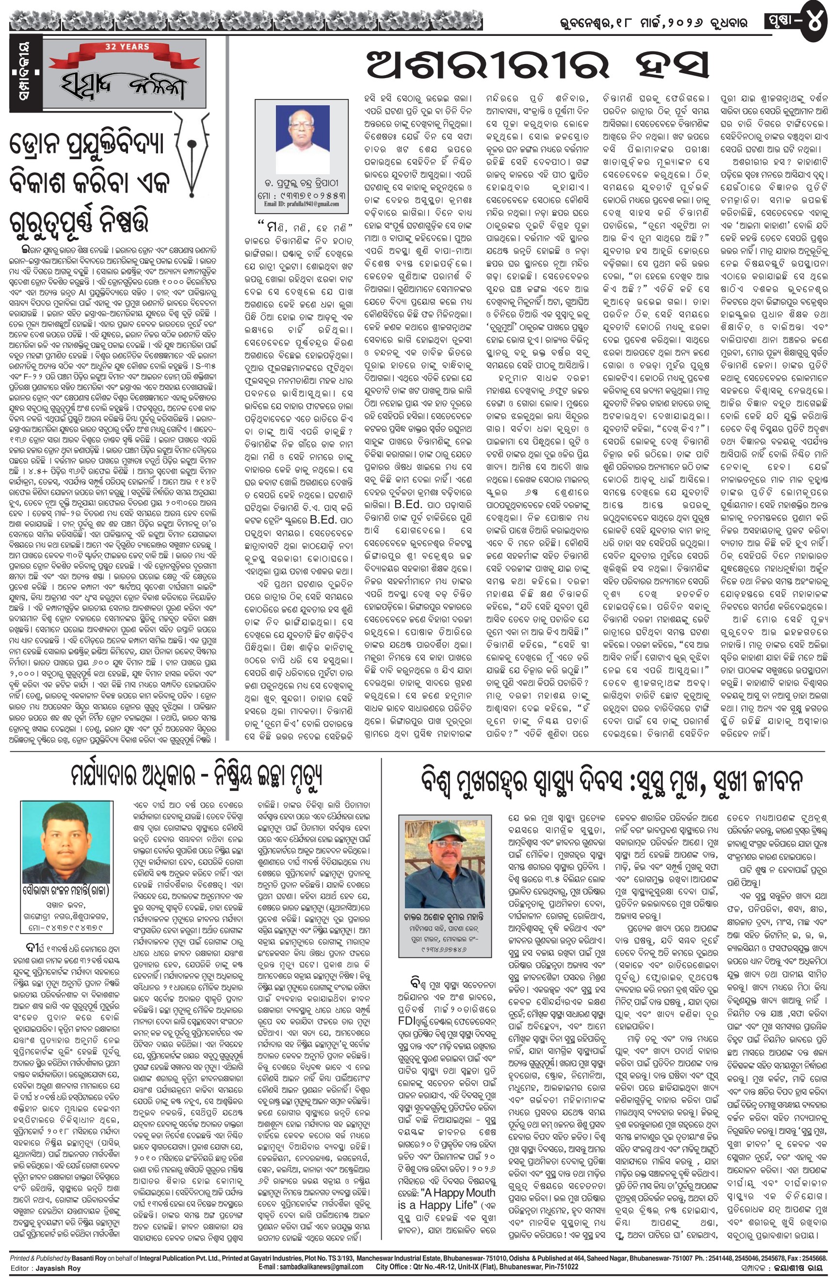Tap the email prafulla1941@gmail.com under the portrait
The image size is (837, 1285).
click(302, 205)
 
